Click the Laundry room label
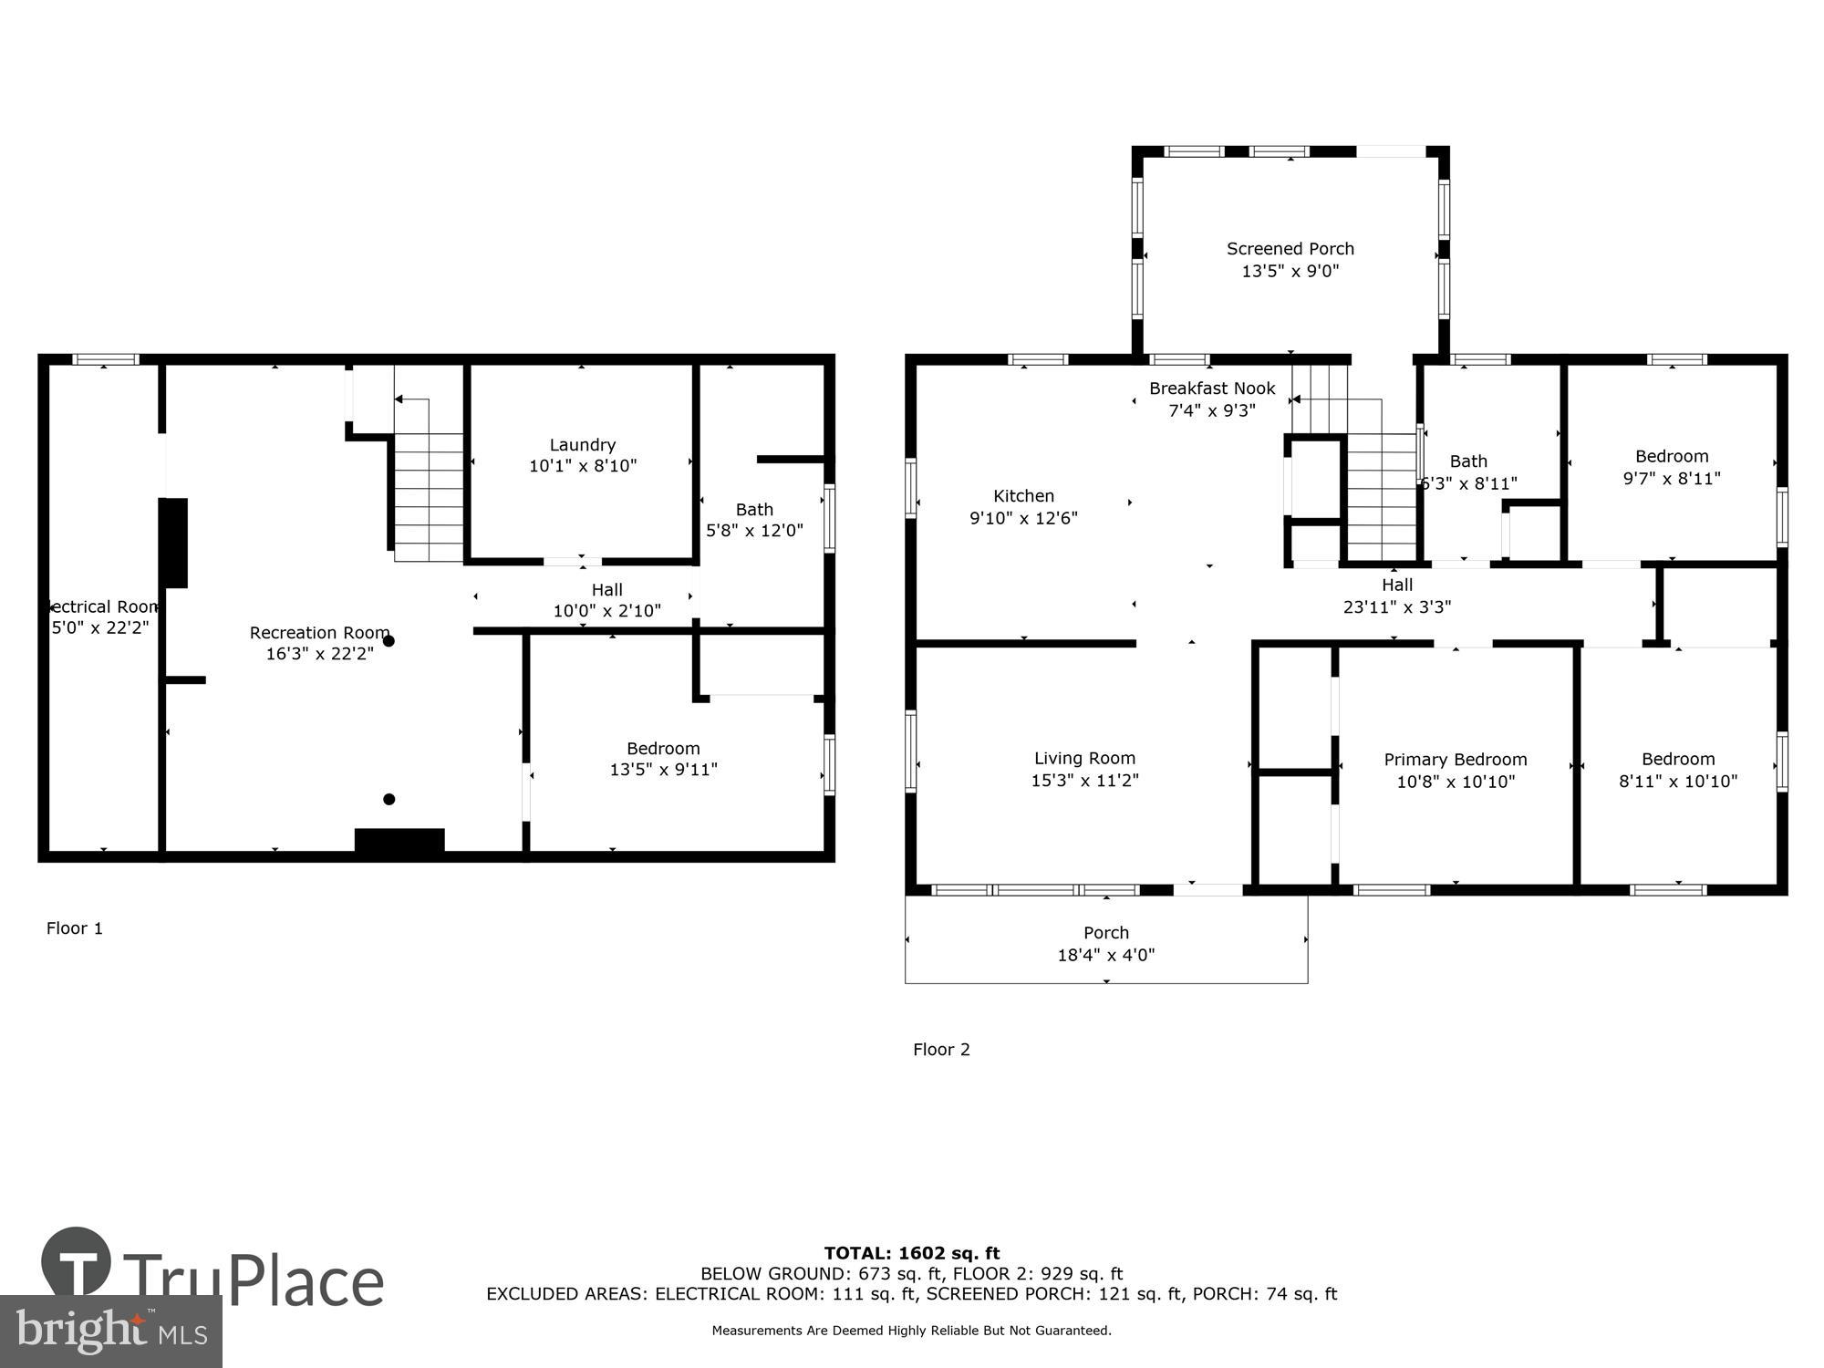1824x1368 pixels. point(582,445)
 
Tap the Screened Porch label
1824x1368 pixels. point(1290,249)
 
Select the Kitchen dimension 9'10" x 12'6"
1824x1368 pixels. point(1023,518)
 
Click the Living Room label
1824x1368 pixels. point(1084,758)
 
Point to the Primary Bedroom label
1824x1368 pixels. point(1455,760)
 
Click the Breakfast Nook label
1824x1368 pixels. point(1212,389)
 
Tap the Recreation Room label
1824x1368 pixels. point(319,633)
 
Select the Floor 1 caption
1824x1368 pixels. point(75,928)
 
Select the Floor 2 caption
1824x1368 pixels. point(941,1050)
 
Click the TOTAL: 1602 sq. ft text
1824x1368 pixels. point(912,1253)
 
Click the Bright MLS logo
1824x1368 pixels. point(111,1332)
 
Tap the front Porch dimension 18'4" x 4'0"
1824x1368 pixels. point(1106,955)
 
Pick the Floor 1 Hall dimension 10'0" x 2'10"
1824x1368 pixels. point(606,611)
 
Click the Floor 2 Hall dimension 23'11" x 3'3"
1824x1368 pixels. point(1396,606)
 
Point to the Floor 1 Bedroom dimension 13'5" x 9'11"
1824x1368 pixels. point(663,770)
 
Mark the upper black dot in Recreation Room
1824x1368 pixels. point(389,641)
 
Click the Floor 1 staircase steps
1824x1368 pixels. point(430,497)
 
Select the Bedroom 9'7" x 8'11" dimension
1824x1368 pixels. point(1671,478)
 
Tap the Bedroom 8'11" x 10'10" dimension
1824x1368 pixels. point(1677,782)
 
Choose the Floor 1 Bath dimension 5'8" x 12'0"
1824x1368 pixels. point(754,531)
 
